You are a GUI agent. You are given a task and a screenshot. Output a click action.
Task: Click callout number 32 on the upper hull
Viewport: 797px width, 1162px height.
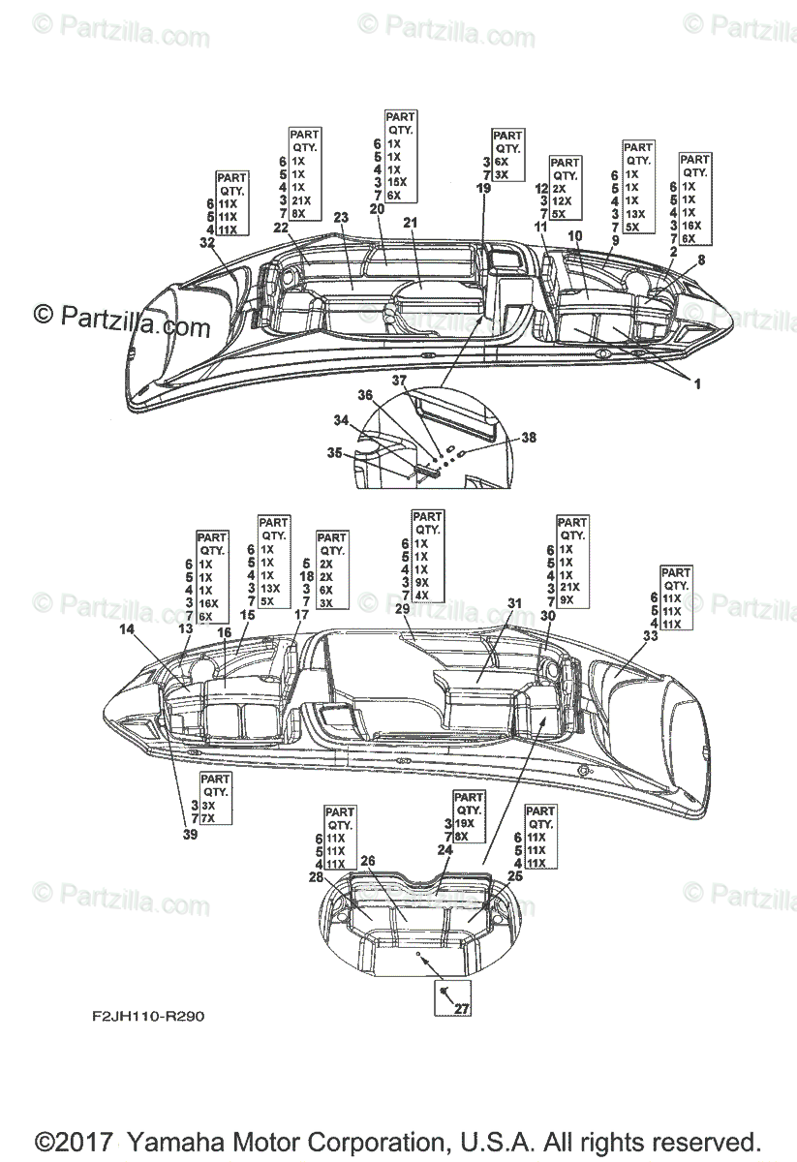pyautogui.click(x=206, y=243)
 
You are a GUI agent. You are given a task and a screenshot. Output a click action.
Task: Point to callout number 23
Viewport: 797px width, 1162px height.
pyautogui.click(x=340, y=217)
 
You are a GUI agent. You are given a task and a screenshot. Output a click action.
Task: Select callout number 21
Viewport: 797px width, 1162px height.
pyautogui.click(x=410, y=224)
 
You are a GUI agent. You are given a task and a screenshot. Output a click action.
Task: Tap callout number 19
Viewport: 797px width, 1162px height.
pyautogui.click(x=483, y=189)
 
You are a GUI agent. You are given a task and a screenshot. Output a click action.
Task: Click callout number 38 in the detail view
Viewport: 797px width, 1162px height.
pyautogui.click(x=528, y=438)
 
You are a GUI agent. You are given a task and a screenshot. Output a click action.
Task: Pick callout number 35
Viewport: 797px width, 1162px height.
pyautogui.click(x=335, y=452)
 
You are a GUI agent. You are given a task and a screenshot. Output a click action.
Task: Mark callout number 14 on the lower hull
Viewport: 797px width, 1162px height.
pyautogui.click(x=127, y=630)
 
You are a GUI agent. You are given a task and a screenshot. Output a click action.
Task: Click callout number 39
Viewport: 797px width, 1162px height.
pyautogui.click(x=190, y=834)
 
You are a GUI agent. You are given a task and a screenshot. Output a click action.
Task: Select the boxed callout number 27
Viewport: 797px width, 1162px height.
pyautogui.click(x=461, y=1008)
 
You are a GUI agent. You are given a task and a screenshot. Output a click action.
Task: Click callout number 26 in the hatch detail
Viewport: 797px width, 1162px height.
pyautogui.click(x=367, y=860)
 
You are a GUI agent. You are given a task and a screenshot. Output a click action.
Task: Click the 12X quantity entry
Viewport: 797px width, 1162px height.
pyautogui.click(x=564, y=201)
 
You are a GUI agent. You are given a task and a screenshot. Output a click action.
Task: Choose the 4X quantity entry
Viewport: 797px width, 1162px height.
pyautogui.click(x=423, y=596)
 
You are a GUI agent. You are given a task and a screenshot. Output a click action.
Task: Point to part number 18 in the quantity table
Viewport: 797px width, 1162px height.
pyautogui.click(x=307, y=575)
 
